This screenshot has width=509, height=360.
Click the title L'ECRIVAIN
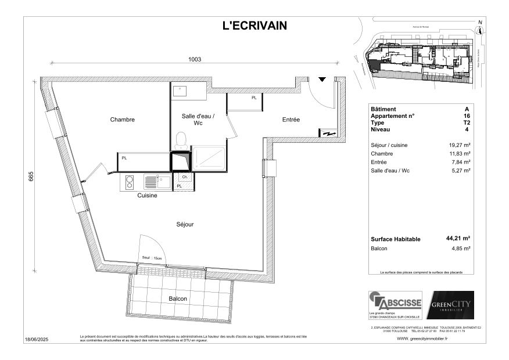[254, 26]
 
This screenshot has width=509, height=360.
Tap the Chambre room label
[123, 120]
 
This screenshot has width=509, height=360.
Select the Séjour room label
[185, 224]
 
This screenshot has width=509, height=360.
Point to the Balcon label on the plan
[178, 298]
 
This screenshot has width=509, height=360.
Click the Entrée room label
[291, 120]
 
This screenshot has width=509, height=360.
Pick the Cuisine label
[147, 196]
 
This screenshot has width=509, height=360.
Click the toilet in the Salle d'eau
[181, 140]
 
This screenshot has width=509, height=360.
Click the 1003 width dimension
[194, 59]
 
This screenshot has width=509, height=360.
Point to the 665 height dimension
[31, 177]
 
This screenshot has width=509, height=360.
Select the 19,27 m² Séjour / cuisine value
[460, 145]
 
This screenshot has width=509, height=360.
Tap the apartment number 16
[467, 116]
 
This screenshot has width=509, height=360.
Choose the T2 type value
[467, 123]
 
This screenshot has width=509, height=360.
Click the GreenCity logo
[450, 305]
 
